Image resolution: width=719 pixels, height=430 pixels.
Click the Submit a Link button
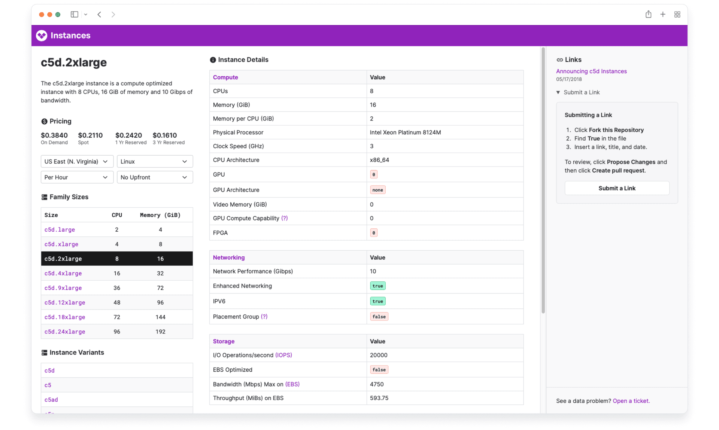616,188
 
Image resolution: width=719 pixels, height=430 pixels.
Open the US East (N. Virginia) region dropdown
76,161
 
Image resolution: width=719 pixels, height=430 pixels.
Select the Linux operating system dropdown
154,161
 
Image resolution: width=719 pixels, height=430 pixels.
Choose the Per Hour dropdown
76,177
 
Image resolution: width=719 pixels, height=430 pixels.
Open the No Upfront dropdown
154,177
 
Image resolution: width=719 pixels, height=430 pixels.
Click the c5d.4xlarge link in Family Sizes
63,273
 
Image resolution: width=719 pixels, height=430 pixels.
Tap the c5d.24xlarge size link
64,332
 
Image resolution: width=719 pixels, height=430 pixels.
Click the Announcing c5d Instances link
591,71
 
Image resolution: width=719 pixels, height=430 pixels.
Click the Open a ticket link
631,401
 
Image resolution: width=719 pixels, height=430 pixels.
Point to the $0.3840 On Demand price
54,135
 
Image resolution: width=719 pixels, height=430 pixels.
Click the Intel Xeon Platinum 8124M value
405,132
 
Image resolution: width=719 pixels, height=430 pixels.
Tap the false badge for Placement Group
379,317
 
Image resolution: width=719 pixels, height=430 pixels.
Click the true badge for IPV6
377,301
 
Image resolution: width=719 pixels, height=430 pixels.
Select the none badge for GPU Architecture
377,190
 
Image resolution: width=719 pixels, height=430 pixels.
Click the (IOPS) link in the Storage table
283,355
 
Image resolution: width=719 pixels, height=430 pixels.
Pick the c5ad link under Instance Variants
51,399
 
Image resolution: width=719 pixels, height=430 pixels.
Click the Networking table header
228,257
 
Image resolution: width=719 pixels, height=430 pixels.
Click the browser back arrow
99,15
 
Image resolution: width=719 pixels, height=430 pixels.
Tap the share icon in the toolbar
648,14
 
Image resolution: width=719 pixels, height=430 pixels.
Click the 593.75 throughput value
379,398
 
